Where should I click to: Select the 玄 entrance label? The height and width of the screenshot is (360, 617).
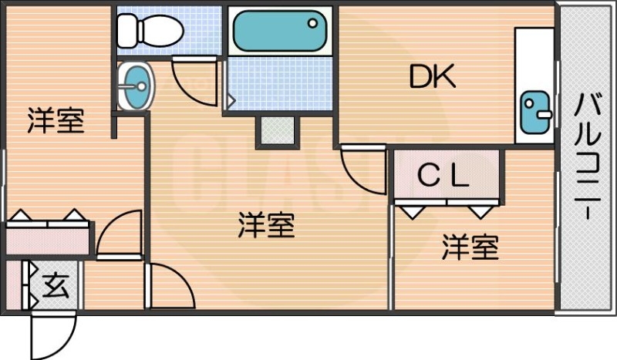point(55,286)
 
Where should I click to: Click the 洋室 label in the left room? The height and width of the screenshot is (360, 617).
point(56,121)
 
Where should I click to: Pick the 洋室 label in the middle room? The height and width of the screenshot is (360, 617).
point(266,226)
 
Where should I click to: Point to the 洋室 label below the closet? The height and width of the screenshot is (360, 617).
point(470,247)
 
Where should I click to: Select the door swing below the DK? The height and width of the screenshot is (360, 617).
point(362,170)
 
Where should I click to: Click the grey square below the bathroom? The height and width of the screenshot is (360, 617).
point(276,130)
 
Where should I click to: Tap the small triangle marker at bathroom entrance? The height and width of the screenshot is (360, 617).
point(230,99)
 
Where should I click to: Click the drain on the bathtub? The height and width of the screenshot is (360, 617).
point(313,24)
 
